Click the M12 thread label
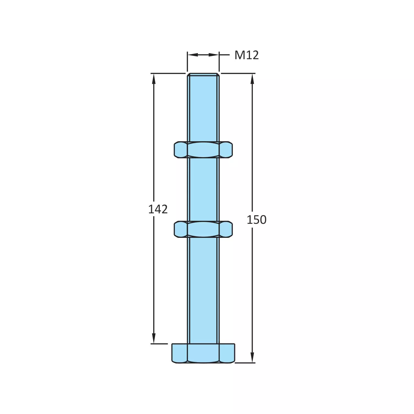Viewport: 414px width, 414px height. [246, 55]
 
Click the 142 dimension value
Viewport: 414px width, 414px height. [158, 209]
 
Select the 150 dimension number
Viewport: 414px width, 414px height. [256, 220]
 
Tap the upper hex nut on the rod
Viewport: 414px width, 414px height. [203, 150]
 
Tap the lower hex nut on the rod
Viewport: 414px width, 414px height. [203, 229]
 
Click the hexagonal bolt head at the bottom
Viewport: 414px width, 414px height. [203, 353]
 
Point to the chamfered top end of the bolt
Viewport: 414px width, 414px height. [203, 74]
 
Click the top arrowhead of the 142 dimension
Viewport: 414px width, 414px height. [154, 78]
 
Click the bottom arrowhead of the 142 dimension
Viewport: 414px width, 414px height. [154, 339]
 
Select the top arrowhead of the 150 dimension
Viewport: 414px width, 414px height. [252, 78]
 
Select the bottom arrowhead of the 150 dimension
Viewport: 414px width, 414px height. [252, 358]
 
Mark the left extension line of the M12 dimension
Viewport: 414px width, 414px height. [187, 62]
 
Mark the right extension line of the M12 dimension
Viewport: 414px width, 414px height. [219, 62]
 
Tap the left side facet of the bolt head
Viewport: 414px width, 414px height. [179, 353]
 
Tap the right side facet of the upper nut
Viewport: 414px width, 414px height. [226, 150]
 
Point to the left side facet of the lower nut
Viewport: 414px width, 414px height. [181, 229]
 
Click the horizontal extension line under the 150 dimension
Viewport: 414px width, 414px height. [245, 363]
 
